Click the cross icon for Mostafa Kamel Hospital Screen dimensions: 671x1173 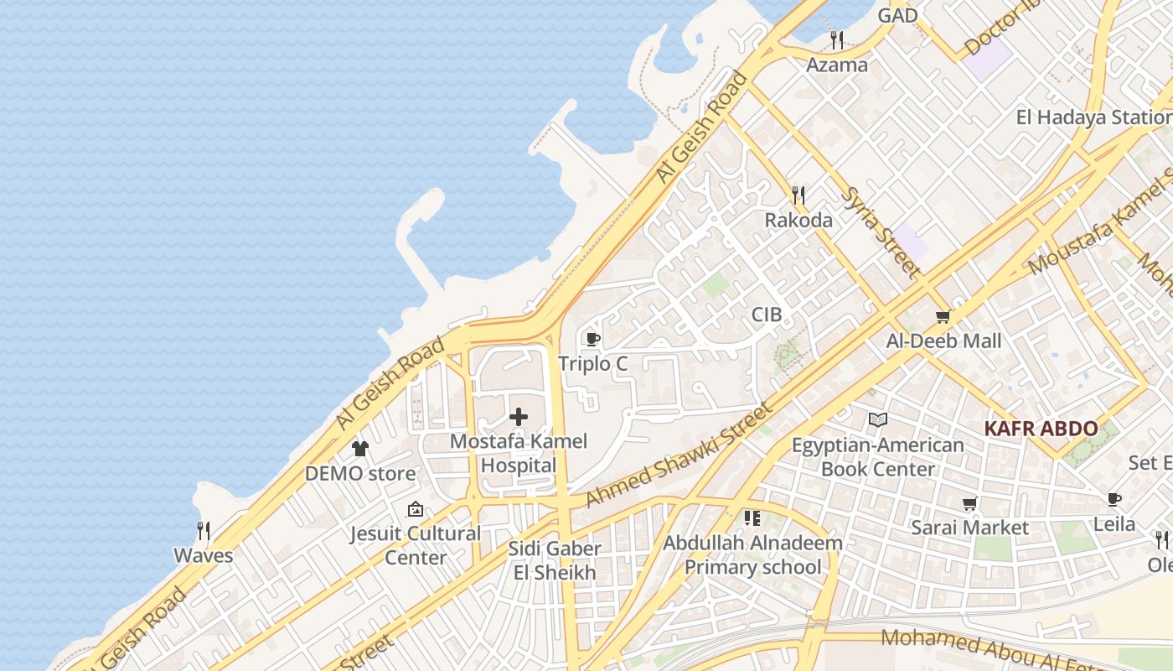click(519, 416)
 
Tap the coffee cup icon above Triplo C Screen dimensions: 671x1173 click(593, 340)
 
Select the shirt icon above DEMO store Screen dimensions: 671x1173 click(360, 449)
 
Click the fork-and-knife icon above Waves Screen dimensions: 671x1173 click(203, 531)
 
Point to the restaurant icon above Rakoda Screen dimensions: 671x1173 click(798, 195)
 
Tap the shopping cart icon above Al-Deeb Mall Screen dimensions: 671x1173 click(943, 317)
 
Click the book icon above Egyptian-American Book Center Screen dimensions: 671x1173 click(877, 419)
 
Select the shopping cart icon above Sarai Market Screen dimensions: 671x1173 click(970, 503)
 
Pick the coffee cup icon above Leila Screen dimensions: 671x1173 click(1114, 500)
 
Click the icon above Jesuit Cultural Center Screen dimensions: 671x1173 click(415, 509)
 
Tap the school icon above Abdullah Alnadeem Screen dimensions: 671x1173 click(752, 518)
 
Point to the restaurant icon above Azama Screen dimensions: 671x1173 click(836, 39)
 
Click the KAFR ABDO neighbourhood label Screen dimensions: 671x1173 click(1041, 429)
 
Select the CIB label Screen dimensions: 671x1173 click(766, 315)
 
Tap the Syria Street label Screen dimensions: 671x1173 click(880, 232)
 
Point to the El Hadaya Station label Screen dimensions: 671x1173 click(1093, 117)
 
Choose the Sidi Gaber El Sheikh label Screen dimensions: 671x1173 click(555, 560)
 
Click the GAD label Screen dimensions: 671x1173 click(897, 15)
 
